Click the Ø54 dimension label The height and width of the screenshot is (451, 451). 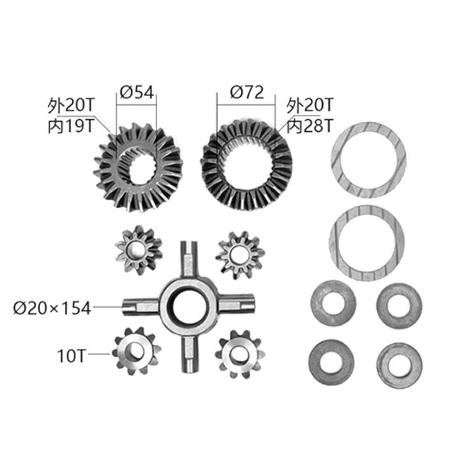[137, 92]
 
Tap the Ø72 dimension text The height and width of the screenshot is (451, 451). [247, 92]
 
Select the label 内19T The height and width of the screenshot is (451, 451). [71, 126]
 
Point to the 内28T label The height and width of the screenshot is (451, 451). [310, 126]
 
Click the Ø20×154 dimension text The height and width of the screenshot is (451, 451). [52, 308]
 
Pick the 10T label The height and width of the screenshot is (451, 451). [71, 356]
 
